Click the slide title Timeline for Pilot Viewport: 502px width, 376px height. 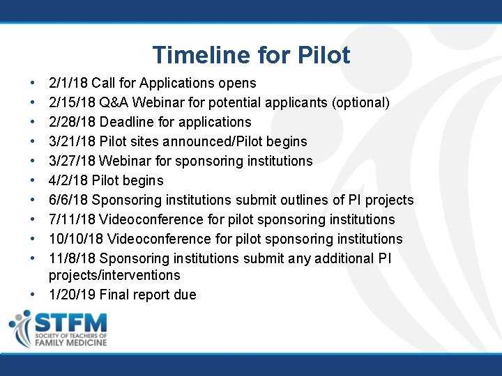[251, 55]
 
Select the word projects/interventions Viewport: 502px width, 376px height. [114, 275]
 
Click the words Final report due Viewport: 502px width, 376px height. [148, 295]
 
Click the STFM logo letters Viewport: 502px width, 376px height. [70, 322]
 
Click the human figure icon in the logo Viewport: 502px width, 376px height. [20, 328]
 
